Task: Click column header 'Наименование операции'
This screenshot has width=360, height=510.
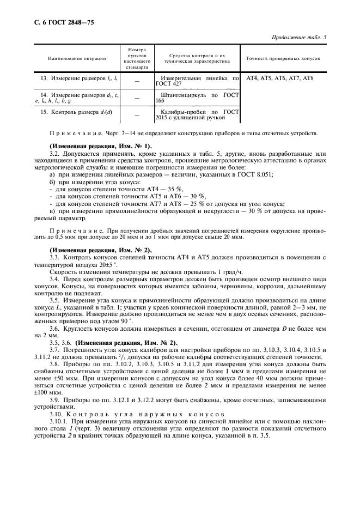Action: point(77,58)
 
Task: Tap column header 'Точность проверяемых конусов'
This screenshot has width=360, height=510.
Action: point(283,58)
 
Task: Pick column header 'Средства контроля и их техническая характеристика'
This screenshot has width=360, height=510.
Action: point(197,58)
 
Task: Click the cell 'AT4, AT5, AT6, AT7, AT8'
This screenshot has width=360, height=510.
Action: point(280,79)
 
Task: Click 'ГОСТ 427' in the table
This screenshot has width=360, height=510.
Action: point(168,84)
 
